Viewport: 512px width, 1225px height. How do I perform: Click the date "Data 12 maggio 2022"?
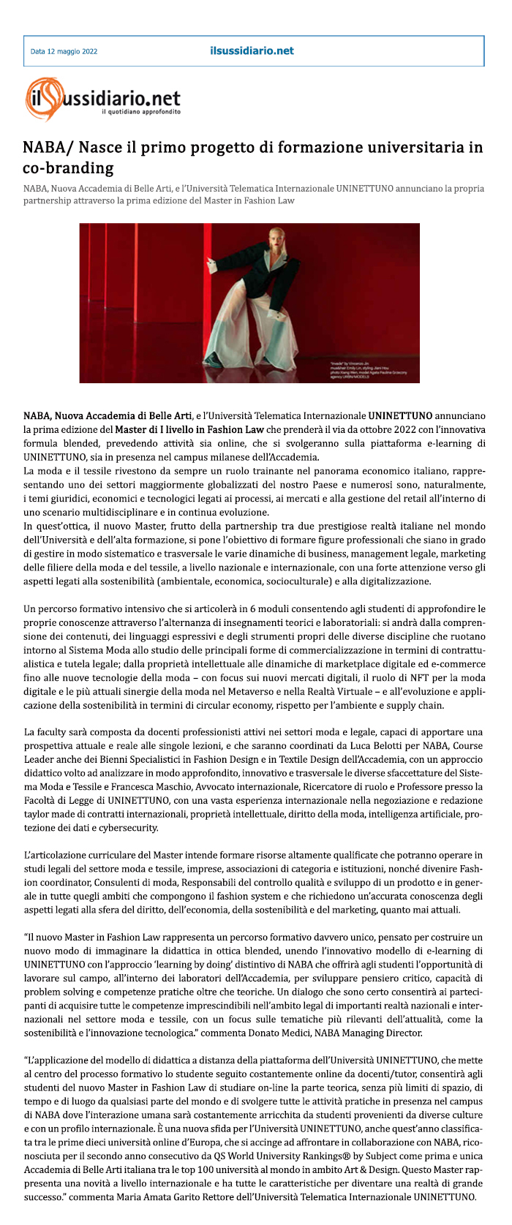point(64,52)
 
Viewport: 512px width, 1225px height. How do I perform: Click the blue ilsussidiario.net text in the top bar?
point(251,51)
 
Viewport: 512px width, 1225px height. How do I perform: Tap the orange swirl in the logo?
point(39,98)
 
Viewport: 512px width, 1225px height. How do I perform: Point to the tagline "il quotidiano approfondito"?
point(140,112)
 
